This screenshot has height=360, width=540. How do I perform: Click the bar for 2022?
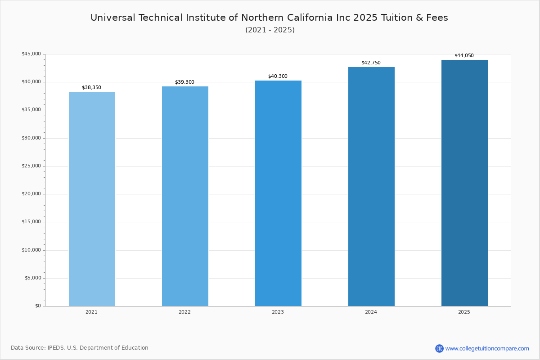tap(185, 196)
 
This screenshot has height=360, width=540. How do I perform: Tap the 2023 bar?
tap(278, 193)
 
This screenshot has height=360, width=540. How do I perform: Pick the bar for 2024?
tap(371, 187)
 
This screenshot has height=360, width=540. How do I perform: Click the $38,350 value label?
tap(91, 88)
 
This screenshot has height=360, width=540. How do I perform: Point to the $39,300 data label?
tap(184, 82)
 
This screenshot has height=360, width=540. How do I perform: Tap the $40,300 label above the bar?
tap(278, 76)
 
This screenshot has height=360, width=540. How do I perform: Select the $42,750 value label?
tap(371, 63)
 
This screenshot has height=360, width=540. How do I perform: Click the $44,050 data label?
tap(464, 56)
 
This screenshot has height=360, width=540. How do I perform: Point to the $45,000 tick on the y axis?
tap(31, 54)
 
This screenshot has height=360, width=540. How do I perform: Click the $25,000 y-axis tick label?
tap(31, 166)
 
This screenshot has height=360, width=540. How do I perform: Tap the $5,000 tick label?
tap(32, 278)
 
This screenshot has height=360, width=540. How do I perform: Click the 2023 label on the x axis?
tap(278, 312)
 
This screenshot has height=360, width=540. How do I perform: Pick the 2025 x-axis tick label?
tap(464, 312)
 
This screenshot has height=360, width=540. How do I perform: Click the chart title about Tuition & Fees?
tap(269, 18)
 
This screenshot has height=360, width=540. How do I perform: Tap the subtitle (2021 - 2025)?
tap(270, 30)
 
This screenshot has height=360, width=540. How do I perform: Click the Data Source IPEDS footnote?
tap(80, 348)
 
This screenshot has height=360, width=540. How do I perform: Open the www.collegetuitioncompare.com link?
tap(487, 348)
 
